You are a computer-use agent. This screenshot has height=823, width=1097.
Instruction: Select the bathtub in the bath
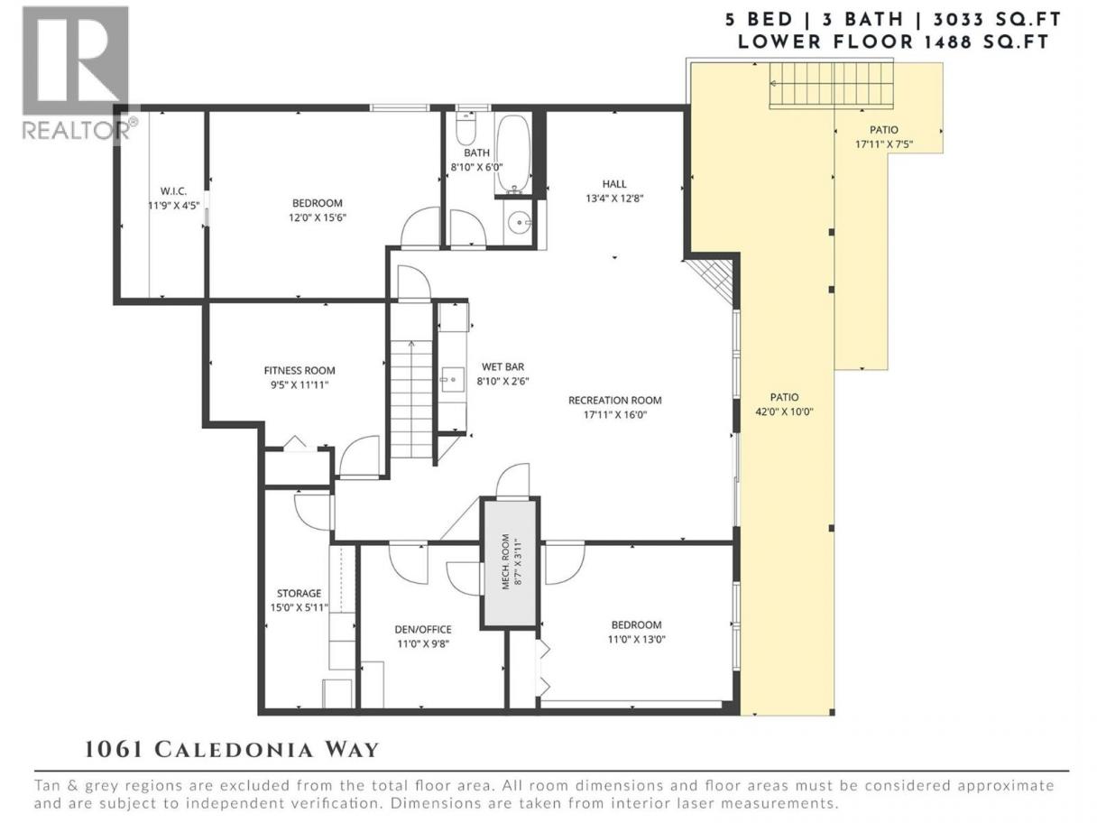coord(512,154)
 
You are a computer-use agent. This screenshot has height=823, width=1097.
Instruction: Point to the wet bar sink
coord(453,380)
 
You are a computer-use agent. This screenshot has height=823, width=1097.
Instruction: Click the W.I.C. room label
coord(173,191)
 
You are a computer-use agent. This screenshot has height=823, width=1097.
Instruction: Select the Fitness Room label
coord(300,370)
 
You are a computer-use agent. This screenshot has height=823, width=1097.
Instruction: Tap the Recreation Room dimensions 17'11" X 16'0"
coord(615,415)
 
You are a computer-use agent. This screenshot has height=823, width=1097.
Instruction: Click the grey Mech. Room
coord(511,562)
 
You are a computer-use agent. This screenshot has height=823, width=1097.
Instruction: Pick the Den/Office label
coord(423,630)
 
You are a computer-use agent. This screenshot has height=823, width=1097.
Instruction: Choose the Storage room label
coord(299,593)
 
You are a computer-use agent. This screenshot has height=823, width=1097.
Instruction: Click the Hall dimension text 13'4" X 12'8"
coord(614,199)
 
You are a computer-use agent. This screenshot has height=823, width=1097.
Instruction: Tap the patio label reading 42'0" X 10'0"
coord(784,411)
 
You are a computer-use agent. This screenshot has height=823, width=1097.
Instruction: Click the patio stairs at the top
coord(831,85)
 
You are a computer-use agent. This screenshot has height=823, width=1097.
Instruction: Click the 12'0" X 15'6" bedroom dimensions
coord(318,217)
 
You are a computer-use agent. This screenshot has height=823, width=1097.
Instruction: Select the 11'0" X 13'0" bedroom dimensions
coord(637,639)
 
